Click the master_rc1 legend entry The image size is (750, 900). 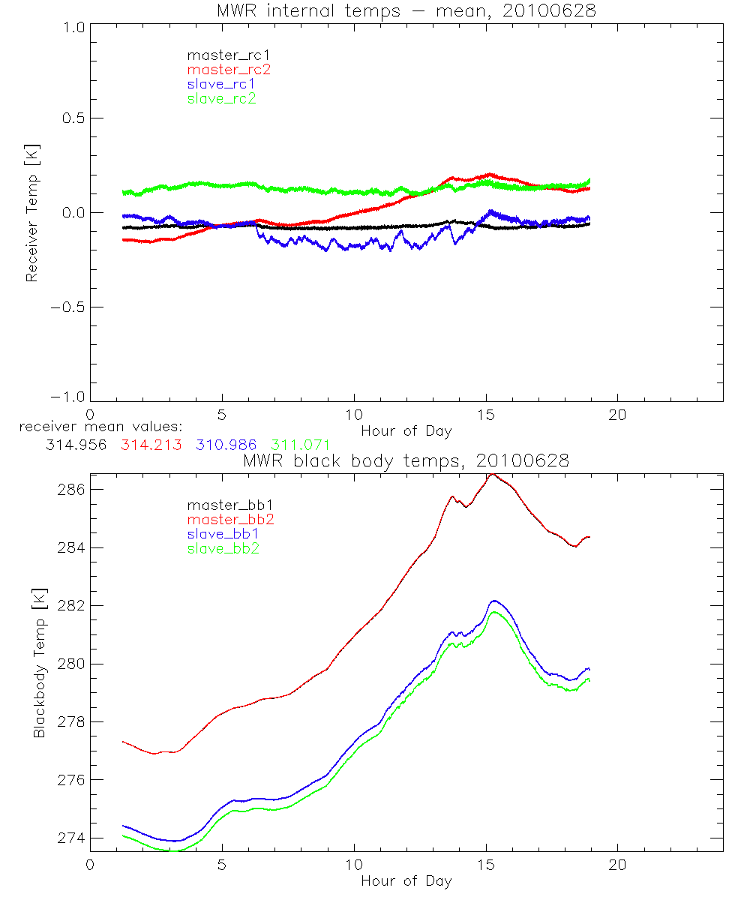(x=222, y=55)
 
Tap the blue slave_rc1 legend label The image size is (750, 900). (x=221, y=84)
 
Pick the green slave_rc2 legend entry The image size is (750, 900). (x=221, y=98)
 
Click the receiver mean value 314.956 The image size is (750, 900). (x=76, y=445)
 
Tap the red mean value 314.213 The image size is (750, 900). (x=151, y=445)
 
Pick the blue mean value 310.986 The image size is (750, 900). (x=226, y=445)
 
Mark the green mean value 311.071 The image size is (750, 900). (x=301, y=445)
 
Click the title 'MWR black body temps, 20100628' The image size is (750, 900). (x=406, y=460)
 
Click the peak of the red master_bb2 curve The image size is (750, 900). (x=492, y=475)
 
